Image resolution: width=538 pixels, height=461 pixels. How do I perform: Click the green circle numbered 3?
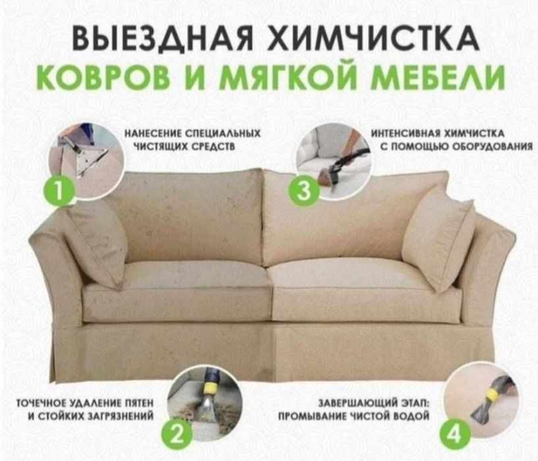coord(303,190)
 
